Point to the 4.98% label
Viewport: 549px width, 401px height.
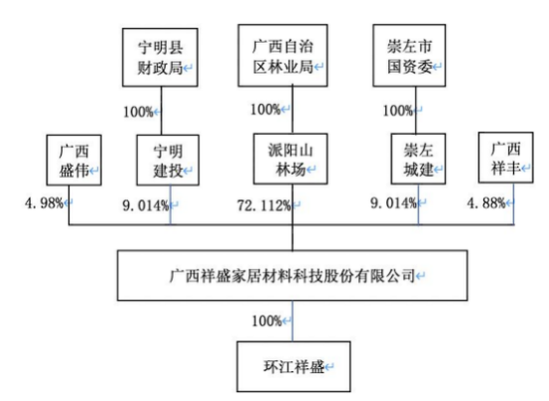(44, 202)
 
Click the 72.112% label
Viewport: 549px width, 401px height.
(264, 205)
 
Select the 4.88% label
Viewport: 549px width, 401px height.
(486, 202)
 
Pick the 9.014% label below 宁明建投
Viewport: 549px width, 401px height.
(146, 205)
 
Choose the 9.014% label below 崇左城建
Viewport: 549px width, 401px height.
(393, 202)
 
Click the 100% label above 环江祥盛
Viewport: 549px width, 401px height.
(267, 321)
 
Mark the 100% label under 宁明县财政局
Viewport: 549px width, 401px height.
(138, 112)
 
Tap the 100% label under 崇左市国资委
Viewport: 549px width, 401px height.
(397, 111)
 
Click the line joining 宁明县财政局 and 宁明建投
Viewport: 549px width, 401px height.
(162, 111)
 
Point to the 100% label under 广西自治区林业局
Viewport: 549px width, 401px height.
(266, 110)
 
